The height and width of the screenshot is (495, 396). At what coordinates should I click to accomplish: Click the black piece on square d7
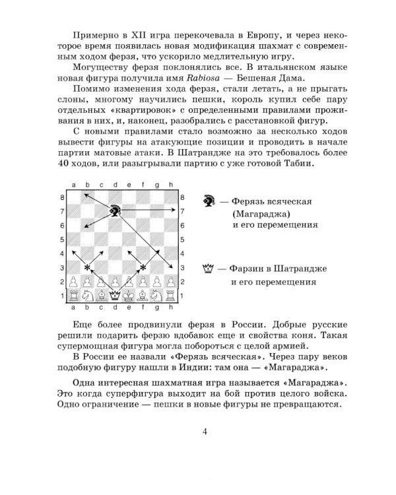tap(115, 211)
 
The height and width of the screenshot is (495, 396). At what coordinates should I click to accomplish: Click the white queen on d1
tap(115, 295)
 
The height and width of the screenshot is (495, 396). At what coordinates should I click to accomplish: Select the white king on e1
tap(129, 295)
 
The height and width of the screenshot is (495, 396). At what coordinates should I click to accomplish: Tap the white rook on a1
tap(73, 295)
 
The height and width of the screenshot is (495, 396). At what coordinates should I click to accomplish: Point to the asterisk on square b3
tap(87, 267)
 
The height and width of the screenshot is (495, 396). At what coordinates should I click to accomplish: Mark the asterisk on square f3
tap(143, 267)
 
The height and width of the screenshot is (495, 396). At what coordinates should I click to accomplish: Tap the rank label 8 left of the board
tap(62, 197)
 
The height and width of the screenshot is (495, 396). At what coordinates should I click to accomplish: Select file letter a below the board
tap(73, 307)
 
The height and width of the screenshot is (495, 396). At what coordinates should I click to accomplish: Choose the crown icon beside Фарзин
tap(209, 268)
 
